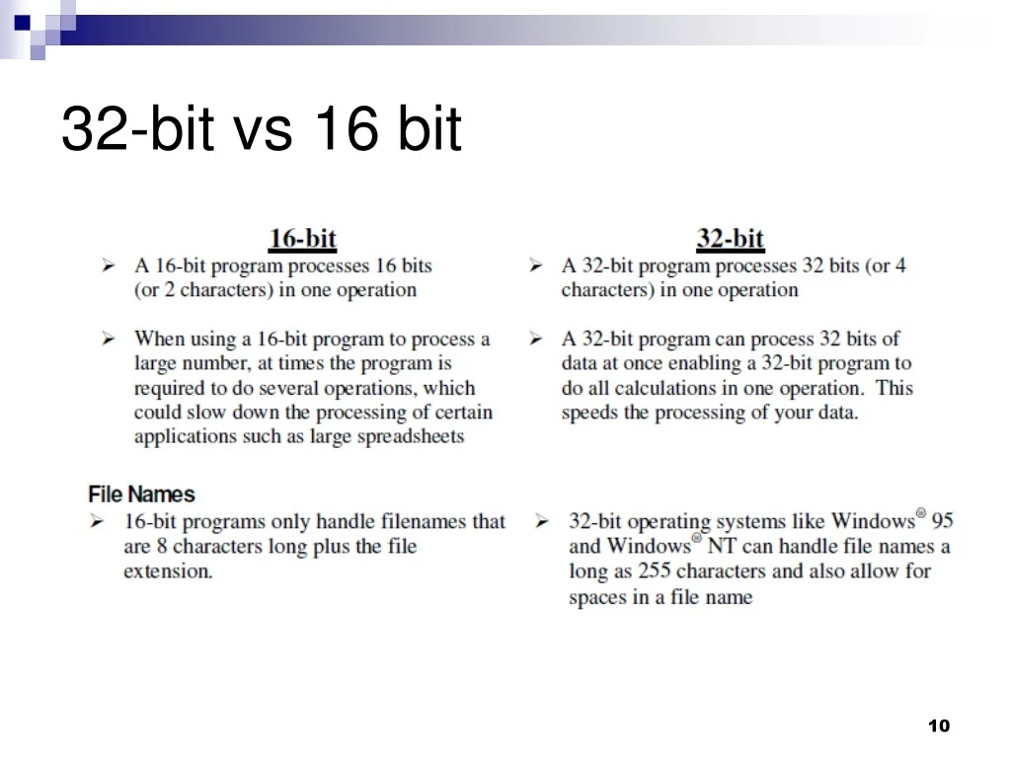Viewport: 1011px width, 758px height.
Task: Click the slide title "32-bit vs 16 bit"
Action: pyautogui.click(x=261, y=128)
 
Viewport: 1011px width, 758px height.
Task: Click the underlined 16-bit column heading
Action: pyautogui.click(x=302, y=239)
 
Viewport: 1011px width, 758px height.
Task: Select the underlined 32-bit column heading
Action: pyautogui.click(x=730, y=239)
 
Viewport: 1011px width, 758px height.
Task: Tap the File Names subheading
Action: pyautogui.click(x=141, y=494)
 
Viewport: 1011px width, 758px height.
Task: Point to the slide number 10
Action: pyautogui.click(x=939, y=725)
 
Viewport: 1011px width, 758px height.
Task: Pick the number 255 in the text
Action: pyautogui.click(x=654, y=571)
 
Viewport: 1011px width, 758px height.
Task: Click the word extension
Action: pyautogui.click(x=168, y=571)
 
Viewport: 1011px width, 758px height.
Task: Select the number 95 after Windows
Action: pyautogui.click(x=943, y=521)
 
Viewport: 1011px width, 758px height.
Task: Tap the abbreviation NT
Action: pyautogui.click(x=721, y=547)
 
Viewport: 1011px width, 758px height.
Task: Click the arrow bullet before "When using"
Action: pyautogui.click(x=108, y=339)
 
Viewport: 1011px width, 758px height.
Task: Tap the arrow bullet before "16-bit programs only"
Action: pyautogui.click(x=97, y=521)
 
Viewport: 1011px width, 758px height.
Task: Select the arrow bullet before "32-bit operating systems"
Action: pyautogui.click(x=542, y=521)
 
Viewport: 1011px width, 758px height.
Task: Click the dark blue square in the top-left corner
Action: pyautogui.click(x=22, y=23)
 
